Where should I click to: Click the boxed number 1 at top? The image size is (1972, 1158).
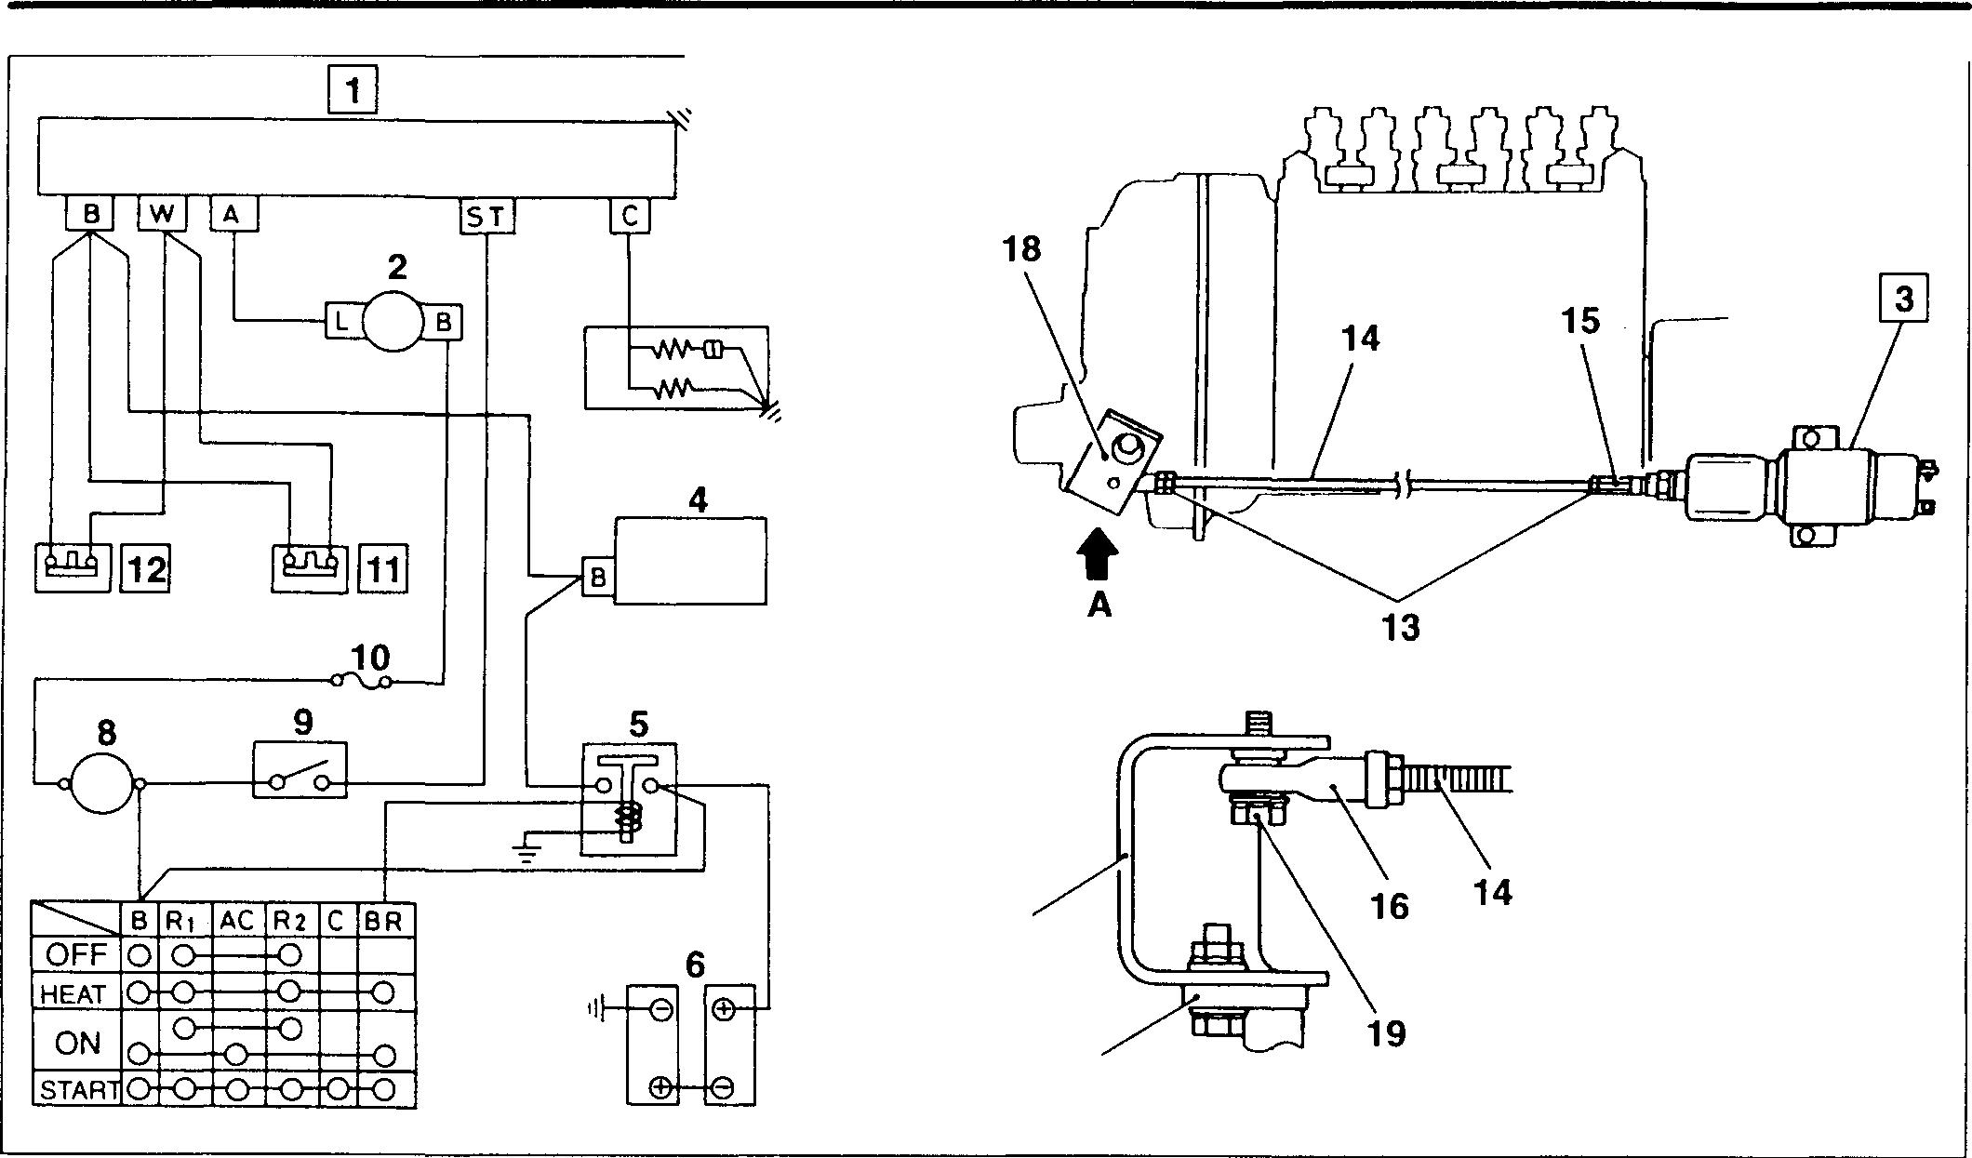tap(353, 91)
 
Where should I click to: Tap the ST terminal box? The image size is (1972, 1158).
tap(486, 217)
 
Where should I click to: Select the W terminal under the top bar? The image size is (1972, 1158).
tap(162, 214)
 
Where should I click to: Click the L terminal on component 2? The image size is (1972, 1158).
tap(341, 323)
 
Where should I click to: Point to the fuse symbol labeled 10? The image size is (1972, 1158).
tap(363, 682)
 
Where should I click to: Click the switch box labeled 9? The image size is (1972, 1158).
tap(300, 769)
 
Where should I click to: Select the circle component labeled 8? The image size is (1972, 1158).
tap(102, 785)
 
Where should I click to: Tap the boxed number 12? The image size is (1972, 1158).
tap(146, 568)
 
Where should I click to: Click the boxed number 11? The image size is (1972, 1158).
tap(383, 568)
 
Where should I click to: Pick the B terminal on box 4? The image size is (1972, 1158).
tap(597, 578)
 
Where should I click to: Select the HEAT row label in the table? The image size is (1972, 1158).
tap(73, 994)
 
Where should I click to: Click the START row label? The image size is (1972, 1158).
tap(79, 1089)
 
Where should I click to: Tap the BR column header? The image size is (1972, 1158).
tap(382, 921)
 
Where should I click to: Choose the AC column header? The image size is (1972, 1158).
tap(237, 921)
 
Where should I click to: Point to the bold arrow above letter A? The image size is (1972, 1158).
tap(1099, 555)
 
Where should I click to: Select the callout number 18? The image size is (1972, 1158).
tap(1021, 249)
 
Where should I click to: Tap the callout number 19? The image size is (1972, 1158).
tap(1386, 1032)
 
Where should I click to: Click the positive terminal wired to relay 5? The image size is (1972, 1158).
tap(726, 1008)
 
